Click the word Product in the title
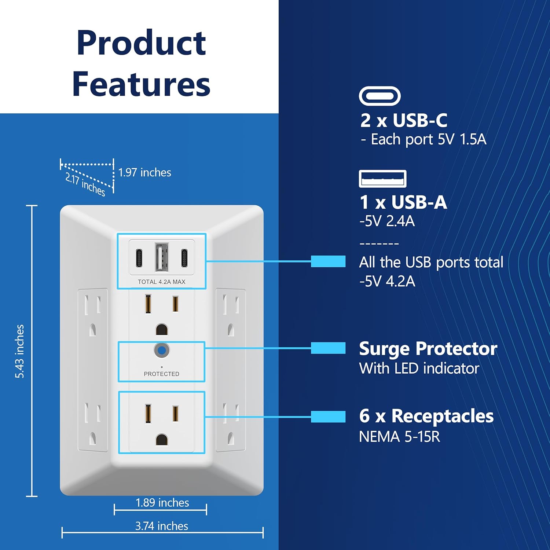click(141, 43)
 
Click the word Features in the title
click(141, 84)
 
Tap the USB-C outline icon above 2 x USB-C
click(379, 96)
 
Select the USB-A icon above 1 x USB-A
click(382, 179)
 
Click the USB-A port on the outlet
click(161, 257)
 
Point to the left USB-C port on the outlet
click(139, 258)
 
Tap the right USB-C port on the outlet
click(184, 258)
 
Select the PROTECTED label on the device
click(161, 374)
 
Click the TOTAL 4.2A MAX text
click(161, 282)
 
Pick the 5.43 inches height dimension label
click(19, 351)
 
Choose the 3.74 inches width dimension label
click(162, 526)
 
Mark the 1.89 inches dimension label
click(162, 503)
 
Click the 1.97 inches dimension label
click(144, 172)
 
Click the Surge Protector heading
click(428, 349)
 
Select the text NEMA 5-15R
click(399, 437)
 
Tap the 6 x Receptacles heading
click(426, 416)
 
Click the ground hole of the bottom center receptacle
click(161, 439)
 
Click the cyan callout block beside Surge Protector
click(328, 348)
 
